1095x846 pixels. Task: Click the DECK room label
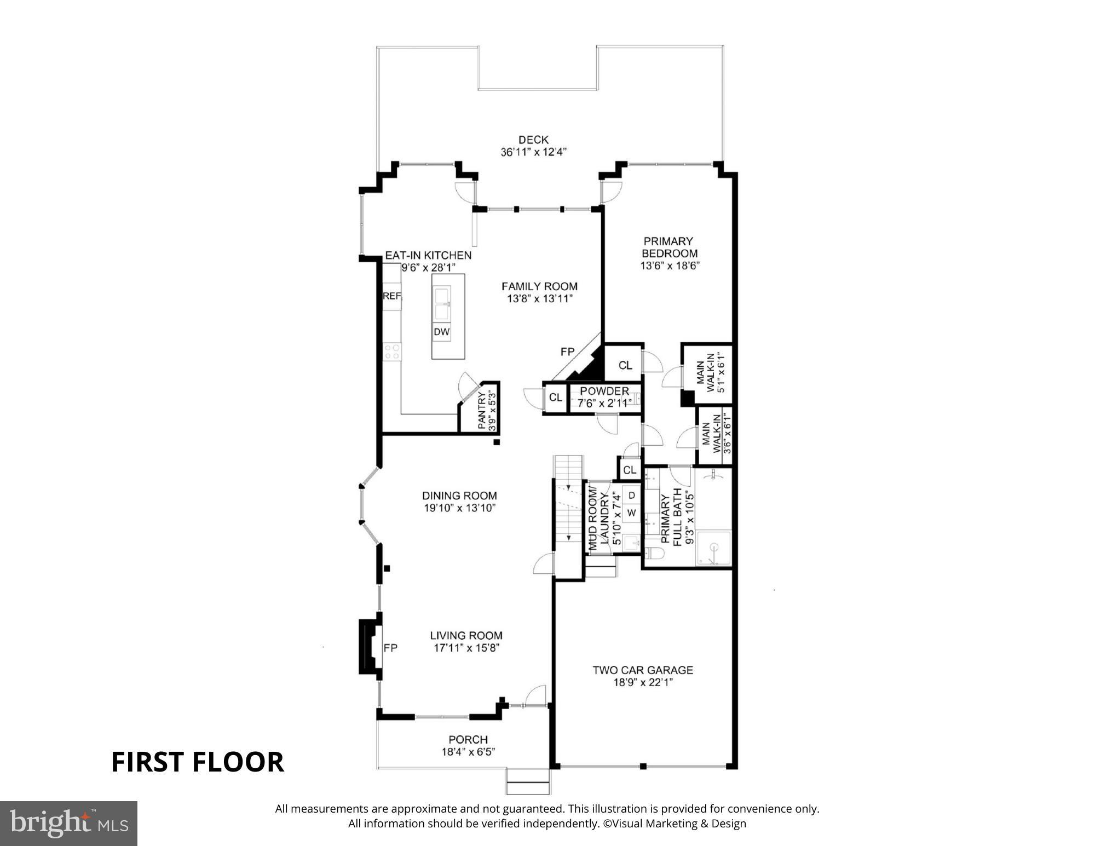tap(533, 140)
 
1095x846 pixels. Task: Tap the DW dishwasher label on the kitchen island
tap(441, 332)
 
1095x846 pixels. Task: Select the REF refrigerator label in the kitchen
tap(392, 296)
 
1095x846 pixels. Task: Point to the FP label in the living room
tap(390, 648)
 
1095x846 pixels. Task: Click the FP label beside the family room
tap(567, 352)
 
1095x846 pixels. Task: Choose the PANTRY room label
tap(482, 411)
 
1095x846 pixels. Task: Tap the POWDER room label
tap(604, 391)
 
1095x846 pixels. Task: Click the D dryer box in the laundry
tap(632, 495)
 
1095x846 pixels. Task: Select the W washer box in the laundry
tap(632, 513)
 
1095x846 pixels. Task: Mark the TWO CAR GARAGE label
tap(643, 670)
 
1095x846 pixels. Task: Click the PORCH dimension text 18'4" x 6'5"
tap(468, 752)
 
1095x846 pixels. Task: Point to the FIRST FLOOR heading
tap(198, 762)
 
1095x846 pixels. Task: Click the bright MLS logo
tap(68, 824)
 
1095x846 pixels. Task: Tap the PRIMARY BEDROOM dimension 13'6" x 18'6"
tap(670, 266)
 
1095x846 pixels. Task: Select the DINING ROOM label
tap(459, 496)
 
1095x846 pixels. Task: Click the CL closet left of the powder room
tap(555, 398)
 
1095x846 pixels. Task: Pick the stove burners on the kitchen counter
tap(391, 351)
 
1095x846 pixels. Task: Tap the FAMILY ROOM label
tap(539, 286)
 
